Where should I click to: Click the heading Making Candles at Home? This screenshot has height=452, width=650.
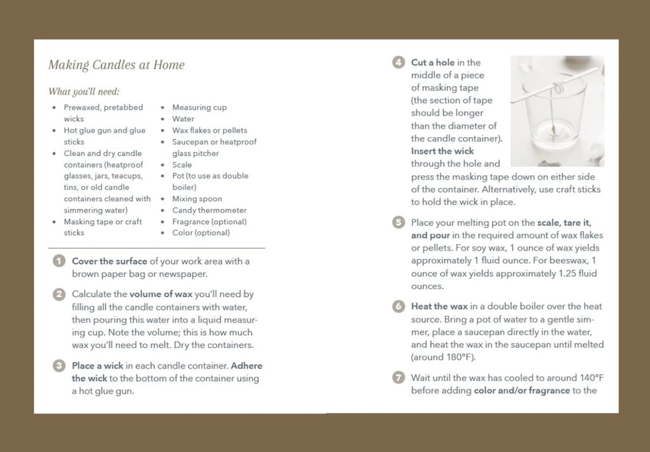click(116, 65)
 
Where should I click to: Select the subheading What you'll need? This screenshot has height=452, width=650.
click(84, 91)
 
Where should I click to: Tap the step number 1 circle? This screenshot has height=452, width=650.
click(59, 262)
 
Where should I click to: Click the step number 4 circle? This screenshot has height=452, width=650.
click(399, 62)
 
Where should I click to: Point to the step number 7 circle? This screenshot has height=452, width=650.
click(399, 378)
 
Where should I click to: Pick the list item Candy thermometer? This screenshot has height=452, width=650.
click(209, 210)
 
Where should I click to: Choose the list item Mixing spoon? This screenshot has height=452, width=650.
click(197, 199)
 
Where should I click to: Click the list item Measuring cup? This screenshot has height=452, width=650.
click(199, 107)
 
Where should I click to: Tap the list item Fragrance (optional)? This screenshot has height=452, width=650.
click(209, 222)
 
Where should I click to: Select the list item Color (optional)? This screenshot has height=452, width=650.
click(201, 233)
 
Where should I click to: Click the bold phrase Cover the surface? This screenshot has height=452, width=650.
click(110, 262)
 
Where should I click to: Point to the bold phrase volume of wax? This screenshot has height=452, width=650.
click(161, 295)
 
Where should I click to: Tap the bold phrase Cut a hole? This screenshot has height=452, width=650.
click(432, 62)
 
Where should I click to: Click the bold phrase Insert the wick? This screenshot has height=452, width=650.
click(442, 151)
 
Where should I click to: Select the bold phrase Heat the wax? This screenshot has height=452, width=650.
click(439, 307)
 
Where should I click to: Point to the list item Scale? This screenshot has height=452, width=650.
click(182, 164)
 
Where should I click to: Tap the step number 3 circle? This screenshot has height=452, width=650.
click(59, 366)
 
